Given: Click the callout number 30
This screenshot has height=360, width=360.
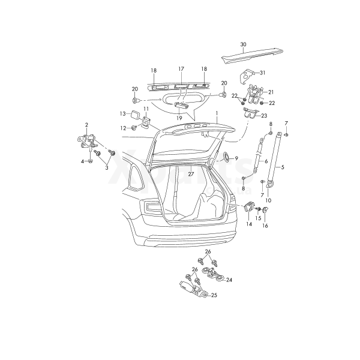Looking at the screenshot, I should [243, 44].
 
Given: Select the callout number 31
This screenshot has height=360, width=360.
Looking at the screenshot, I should [262, 73].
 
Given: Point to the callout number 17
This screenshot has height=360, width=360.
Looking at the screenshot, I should [181, 69].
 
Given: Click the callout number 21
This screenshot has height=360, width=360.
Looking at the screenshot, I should [271, 92].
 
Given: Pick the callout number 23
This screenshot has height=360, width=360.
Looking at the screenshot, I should [263, 115].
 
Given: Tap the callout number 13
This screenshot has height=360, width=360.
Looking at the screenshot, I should [122, 113].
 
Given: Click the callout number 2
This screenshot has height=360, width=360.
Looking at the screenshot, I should [86, 124].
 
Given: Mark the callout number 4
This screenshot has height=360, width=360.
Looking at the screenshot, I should [82, 161].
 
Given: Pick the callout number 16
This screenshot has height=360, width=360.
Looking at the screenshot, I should [265, 226].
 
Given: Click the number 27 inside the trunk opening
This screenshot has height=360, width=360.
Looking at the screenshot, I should [190, 173].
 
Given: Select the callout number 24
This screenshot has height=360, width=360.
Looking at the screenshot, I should [229, 280].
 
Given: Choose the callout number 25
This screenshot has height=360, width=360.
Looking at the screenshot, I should [214, 295].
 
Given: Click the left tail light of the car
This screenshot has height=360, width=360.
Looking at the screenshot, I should [151, 208].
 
